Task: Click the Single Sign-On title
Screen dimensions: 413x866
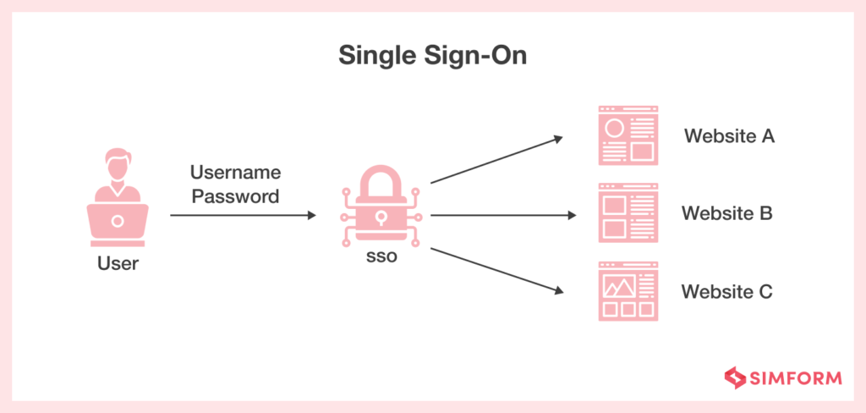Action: coord(433,56)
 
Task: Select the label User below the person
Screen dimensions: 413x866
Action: coord(118,263)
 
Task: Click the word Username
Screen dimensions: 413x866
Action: coord(234,173)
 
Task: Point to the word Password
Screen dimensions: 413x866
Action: coord(234,197)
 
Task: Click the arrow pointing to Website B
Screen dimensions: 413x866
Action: coord(503,215)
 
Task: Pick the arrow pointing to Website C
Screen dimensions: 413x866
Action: coord(496,271)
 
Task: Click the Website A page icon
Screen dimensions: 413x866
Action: coord(628,135)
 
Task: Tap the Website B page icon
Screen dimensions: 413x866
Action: coord(628,212)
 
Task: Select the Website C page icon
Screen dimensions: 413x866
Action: coord(628,290)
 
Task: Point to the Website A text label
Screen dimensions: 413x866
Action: coord(729,135)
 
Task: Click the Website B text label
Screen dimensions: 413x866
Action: coord(727,213)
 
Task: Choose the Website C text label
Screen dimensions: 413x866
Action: coord(727,293)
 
